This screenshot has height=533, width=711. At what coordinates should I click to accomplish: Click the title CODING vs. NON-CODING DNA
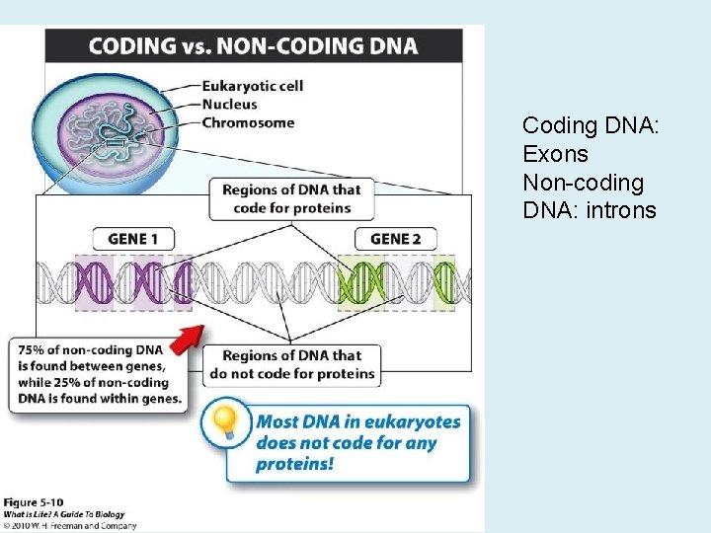point(253,45)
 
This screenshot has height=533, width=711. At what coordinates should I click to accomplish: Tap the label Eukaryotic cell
point(252,86)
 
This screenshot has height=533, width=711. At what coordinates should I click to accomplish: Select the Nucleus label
point(229,105)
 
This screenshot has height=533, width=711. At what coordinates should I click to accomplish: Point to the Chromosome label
point(248,123)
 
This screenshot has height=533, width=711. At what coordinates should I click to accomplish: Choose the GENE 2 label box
point(395,239)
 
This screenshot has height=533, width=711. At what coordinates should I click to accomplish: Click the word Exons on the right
point(555,155)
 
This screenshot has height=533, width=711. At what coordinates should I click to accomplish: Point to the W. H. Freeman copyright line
point(69,525)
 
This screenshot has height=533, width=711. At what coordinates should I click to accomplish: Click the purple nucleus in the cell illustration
point(103,128)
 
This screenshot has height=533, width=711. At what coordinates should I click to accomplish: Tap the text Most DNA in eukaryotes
point(358,422)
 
